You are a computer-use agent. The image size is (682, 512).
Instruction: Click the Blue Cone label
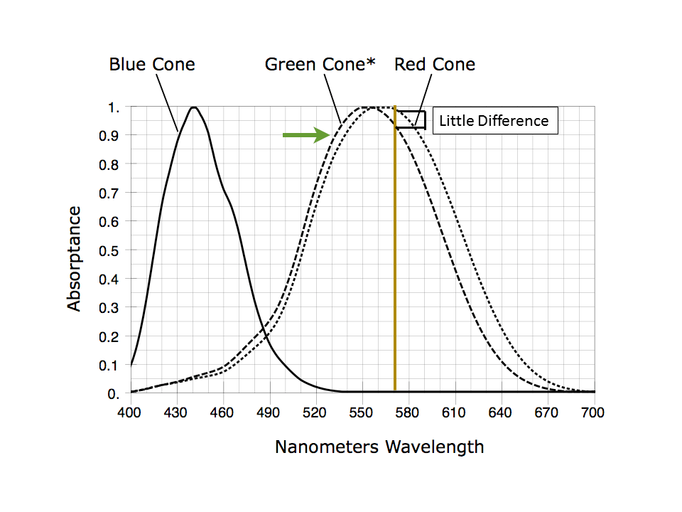pos(152,65)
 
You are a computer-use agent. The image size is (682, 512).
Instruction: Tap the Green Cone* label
pos(320,65)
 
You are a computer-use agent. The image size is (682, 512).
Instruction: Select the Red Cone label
pos(435,65)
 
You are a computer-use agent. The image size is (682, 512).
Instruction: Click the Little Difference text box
pos(495,121)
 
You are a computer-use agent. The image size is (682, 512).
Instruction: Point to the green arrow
pos(306,135)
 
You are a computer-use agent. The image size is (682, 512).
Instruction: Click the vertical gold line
pos(395,248)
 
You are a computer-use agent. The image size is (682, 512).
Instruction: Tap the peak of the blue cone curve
pos(193,107)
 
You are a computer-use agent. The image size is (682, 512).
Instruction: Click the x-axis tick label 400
pos(129,412)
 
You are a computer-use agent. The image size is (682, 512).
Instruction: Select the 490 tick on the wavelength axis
pos(268,412)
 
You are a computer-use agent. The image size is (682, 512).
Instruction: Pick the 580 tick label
pos(407,412)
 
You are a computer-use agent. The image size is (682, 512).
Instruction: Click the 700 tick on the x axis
pos(592,412)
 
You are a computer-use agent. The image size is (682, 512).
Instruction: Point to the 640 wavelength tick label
pos(499,412)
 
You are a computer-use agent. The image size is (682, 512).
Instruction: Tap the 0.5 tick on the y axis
pos(108,251)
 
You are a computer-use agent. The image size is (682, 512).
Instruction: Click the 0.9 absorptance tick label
pos(108,136)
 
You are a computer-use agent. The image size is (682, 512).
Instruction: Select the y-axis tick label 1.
pos(114,107)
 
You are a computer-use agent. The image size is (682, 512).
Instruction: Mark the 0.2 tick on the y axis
pos(108,336)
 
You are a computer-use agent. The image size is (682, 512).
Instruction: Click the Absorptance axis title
pos(74,259)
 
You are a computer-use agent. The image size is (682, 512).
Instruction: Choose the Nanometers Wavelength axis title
pos(379,447)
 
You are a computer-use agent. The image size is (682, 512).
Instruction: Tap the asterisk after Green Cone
pos(370,62)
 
